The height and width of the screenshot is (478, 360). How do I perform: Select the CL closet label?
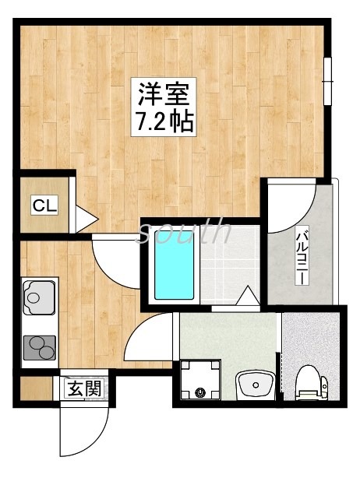click(44, 206)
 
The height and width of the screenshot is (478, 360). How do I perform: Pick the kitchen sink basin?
click(36, 294)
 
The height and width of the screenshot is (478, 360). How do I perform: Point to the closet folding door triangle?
click(85, 218)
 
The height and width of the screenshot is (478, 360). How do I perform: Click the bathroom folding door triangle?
click(248, 297)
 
